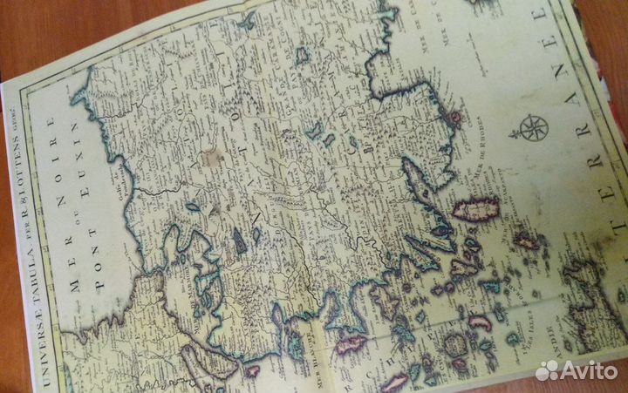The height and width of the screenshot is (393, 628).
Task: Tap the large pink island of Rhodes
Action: click(476, 208)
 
